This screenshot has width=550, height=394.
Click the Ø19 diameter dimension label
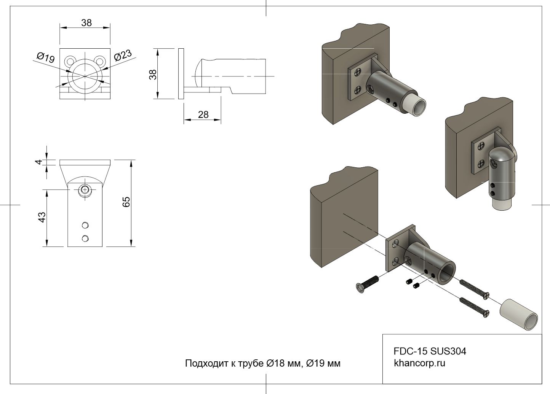46,57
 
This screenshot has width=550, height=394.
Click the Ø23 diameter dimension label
123,56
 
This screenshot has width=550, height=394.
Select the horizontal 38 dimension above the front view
86,23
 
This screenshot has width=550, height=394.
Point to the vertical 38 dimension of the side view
153,74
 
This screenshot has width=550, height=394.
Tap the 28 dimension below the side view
203,114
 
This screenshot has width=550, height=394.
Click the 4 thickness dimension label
38,162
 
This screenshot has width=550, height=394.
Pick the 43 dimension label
42,217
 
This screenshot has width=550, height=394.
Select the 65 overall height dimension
126,202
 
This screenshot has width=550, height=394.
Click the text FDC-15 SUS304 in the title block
430,351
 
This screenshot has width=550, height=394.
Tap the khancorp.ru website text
419,363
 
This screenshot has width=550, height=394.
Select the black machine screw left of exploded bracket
367,284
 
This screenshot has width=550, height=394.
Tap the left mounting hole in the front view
70,60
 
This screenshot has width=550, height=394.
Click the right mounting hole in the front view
99,60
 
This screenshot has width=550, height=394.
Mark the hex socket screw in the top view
85,189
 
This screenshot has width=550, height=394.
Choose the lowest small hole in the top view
85,238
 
